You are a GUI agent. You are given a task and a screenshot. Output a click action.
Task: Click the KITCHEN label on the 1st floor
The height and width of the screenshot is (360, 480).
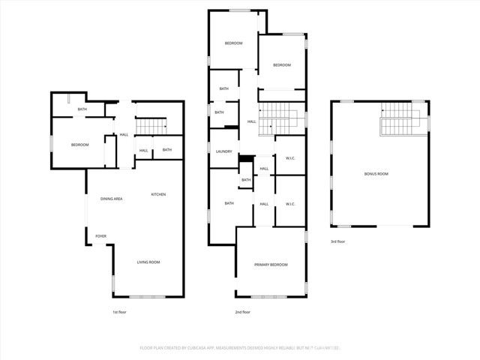coord(158,195)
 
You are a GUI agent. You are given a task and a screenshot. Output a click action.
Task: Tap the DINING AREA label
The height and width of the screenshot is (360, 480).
coord(112,198)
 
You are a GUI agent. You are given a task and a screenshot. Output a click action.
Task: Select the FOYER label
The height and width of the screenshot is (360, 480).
coord(100,236)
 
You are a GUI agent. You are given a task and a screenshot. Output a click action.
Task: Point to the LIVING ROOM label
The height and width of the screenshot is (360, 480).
coord(148,262)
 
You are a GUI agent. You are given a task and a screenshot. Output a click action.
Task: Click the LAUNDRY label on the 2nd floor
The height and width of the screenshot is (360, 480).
coord(223,152)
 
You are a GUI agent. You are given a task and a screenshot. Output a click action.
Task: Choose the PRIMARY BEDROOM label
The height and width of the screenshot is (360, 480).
coord(271,265)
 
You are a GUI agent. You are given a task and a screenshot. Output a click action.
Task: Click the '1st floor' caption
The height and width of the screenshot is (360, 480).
coord(120,311)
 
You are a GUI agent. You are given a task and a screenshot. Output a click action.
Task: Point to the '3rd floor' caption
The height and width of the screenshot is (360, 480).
coord(337,241)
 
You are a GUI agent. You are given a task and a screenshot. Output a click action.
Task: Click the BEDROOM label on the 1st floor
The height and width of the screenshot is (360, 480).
coord(80,145)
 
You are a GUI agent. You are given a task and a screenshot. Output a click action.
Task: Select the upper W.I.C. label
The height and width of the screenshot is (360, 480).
coord(290,157)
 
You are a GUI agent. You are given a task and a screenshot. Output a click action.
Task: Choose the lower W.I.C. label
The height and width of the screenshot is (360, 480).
coord(290,204)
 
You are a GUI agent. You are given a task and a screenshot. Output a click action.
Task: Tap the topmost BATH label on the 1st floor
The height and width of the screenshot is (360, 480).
coord(82,110)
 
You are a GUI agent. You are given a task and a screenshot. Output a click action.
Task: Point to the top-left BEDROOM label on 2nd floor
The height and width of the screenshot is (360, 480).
coord(234,43)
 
